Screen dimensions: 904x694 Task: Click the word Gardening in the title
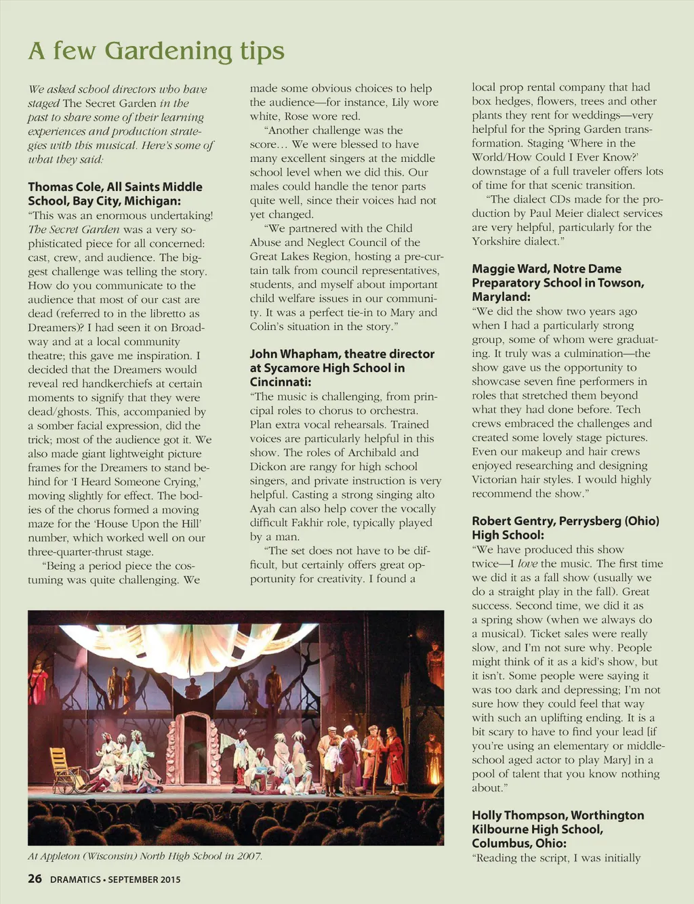tap(169, 51)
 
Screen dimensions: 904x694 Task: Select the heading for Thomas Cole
tap(115, 194)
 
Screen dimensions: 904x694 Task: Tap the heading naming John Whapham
tap(342, 368)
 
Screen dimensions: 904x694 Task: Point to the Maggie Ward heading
tap(558, 283)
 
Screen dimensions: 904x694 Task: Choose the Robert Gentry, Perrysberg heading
tap(565, 528)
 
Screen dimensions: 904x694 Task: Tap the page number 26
tap(35, 880)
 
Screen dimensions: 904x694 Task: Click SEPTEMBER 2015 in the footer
tap(144, 880)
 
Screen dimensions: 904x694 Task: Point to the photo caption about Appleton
tap(144, 856)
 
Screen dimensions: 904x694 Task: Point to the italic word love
tap(527, 564)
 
